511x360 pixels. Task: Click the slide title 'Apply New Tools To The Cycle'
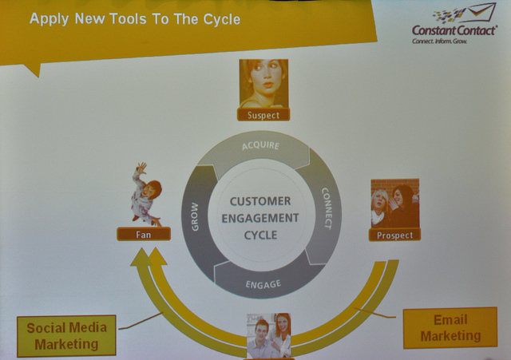tap(135, 19)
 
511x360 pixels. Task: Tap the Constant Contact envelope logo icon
tap(465, 14)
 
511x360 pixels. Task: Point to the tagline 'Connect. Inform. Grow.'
tap(439, 41)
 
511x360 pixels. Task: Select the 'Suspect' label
tap(263, 115)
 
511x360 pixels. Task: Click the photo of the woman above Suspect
tap(263, 83)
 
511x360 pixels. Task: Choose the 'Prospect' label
tap(394, 235)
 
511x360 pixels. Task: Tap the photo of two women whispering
tap(395, 204)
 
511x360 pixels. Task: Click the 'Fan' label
tap(144, 234)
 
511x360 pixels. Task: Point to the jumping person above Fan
tap(146, 194)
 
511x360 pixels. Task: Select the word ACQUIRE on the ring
tap(261, 145)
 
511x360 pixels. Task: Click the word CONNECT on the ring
tap(327, 208)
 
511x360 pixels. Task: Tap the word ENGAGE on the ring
tap(263, 284)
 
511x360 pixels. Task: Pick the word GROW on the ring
tap(195, 216)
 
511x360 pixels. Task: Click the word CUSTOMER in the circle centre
tap(260, 201)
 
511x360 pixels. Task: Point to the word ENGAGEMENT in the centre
tap(260, 218)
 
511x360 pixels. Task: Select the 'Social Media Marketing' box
tap(66, 336)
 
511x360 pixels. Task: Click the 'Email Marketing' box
tap(450, 328)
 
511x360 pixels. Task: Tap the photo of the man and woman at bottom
tap(269, 336)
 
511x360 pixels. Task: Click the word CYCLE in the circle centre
tap(260, 235)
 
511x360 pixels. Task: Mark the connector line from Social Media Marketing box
tap(141, 321)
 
